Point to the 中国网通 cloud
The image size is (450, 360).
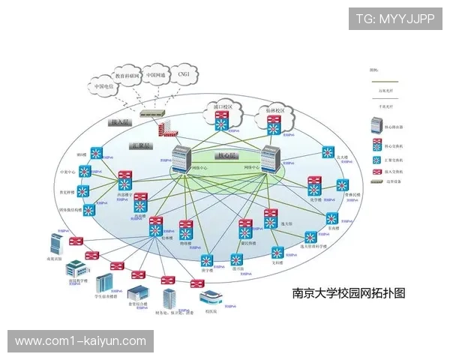point(155,75)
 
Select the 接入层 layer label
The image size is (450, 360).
point(121,121)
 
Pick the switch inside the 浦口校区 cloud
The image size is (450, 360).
point(223,124)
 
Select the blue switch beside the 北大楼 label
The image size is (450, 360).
point(328,152)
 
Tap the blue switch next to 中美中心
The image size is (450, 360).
point(85,171)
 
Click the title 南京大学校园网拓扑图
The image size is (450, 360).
point(348,292)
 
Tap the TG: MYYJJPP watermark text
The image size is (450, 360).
point(394,19)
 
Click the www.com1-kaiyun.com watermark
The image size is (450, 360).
point(80,341)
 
